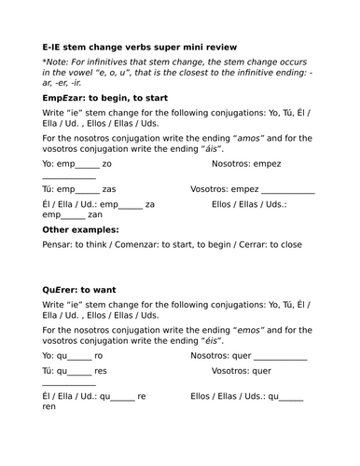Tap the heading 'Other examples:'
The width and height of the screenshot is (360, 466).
[x=80, y=229]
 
